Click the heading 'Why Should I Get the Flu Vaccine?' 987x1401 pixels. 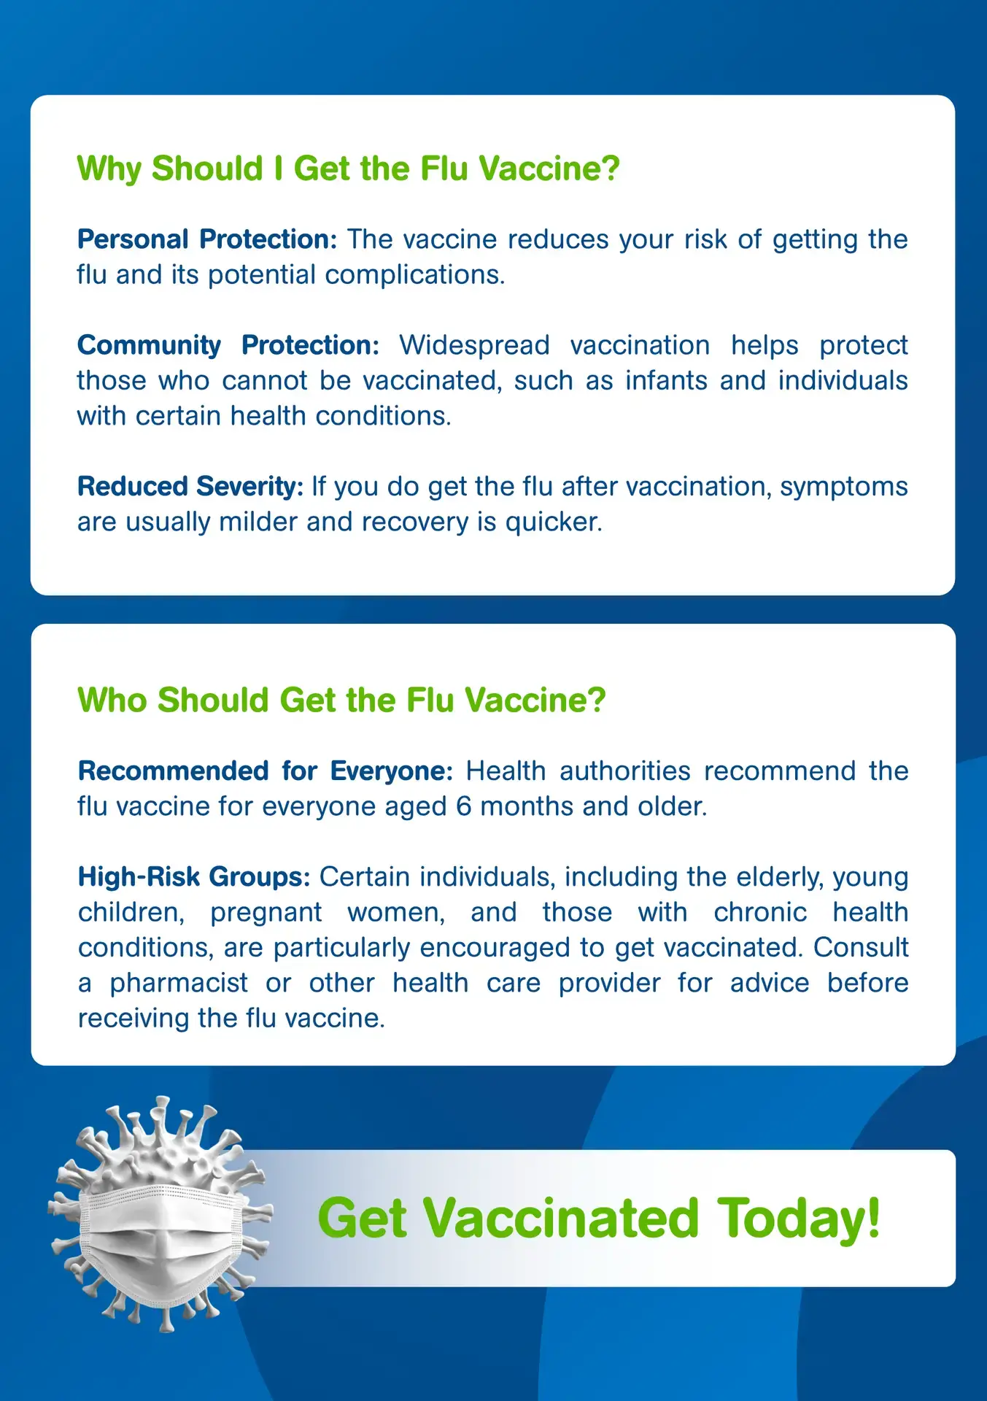point(348,169)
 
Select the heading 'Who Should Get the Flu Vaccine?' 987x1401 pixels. point(341,700)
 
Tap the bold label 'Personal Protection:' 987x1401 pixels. point(207,239)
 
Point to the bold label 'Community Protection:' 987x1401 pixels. point(228,345)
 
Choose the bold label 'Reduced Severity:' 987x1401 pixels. point(190,487)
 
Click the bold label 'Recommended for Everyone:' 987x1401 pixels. point(266,771)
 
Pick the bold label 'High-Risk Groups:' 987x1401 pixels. point(194,877)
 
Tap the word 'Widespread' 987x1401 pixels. point(474,345)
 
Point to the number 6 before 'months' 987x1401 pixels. point(464,806)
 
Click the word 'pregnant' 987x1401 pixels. point(266,913)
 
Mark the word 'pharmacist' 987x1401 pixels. point(179,984)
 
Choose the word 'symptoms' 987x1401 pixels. point(844,487)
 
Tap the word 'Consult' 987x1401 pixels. point(861,948)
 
